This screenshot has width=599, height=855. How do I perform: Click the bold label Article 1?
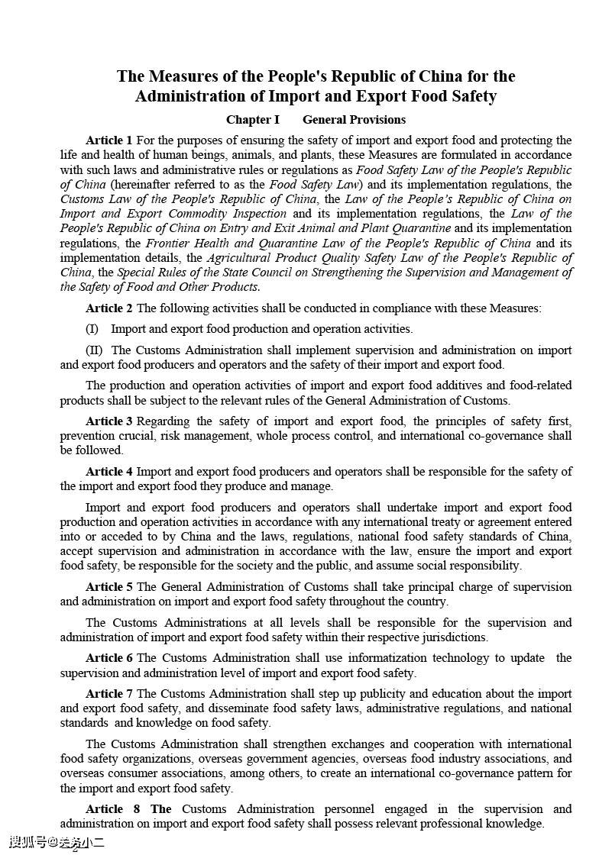point(108,140)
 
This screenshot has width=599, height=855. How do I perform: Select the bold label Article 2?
point(108,308)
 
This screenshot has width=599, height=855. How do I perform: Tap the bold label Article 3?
point(108,421)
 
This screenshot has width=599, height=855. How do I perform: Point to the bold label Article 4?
point(108,472)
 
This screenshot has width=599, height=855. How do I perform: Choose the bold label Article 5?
point(108,587)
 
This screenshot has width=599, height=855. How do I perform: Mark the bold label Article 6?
point(108,658)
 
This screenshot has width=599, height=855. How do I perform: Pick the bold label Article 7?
point(108,694)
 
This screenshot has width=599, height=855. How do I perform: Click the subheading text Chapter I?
point(253,120)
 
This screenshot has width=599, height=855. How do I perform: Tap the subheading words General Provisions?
point(354,120)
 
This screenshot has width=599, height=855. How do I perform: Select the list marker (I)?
point(92,329)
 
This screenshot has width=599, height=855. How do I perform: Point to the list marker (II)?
point(94,350)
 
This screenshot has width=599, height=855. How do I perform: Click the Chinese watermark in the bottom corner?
point(57,843)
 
